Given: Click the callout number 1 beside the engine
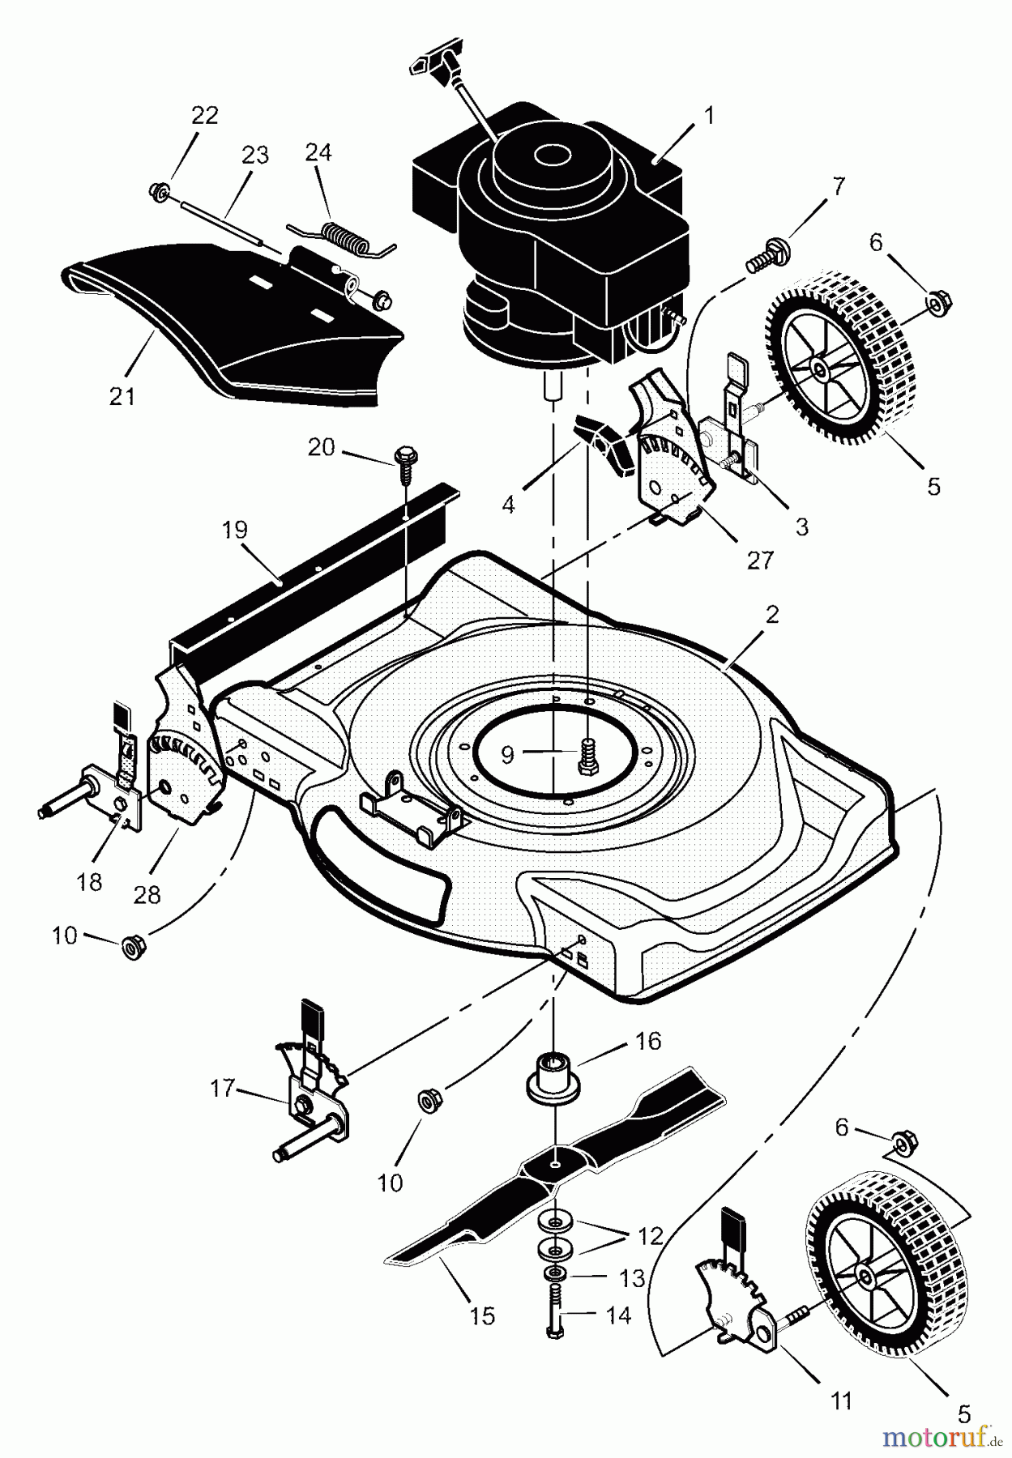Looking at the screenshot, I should [x=709, y=116].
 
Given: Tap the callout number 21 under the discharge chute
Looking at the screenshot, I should [x=123, y=396].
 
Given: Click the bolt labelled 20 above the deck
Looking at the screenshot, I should [x=404, y=458].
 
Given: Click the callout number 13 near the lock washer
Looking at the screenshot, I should [x=632, y=1277].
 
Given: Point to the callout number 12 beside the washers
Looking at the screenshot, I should [x=650, y=1236].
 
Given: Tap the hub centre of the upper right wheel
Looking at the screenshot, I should [x=821, y=371].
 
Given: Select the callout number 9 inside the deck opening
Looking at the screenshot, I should [x=507, y=754].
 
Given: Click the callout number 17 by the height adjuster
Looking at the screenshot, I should [x=222, y=1088].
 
